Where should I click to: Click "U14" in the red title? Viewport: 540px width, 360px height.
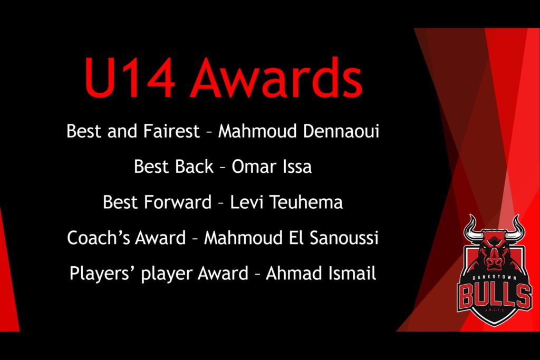(129, 78)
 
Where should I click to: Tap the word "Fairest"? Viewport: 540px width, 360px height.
(171, 131)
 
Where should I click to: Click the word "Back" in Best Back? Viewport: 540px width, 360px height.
(194, 167)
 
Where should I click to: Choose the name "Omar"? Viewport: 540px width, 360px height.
(254, 167)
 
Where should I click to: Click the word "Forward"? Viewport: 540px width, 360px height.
(177, 202)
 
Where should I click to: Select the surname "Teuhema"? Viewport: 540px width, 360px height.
(306, 202)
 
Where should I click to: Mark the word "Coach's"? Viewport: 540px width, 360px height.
(98, 238)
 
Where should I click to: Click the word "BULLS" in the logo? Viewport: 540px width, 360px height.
(494, 296)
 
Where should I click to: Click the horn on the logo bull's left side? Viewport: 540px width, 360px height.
(474, 229)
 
